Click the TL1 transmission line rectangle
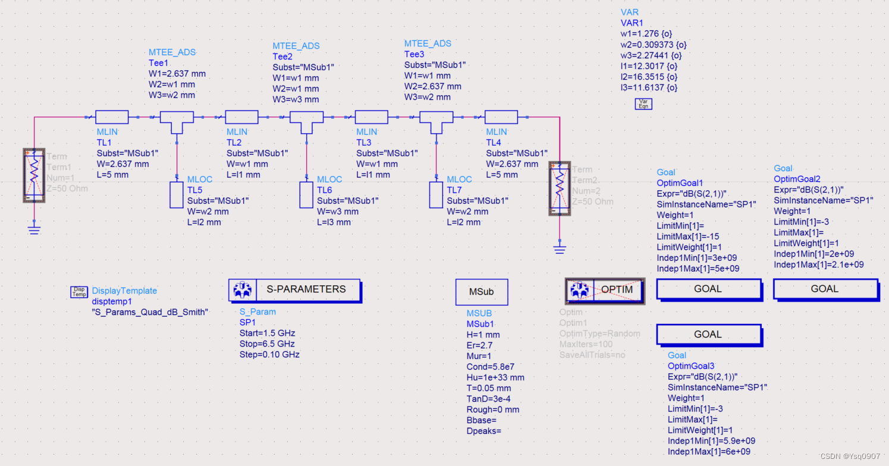click(112, 118)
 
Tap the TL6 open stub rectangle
click(307, 195)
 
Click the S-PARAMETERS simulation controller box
click(294, 289)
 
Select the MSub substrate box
click(481, 292)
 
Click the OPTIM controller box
click(604, 290)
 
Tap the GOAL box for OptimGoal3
click(708, 335)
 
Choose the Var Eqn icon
click(643, 104)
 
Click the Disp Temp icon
click(79, 291)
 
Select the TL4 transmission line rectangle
click(501, 118)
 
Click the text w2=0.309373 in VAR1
click(653, 45)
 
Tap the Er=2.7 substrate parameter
click(480, 345)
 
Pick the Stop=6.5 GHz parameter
click(267, 344)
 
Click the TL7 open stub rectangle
click(436, 195)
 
